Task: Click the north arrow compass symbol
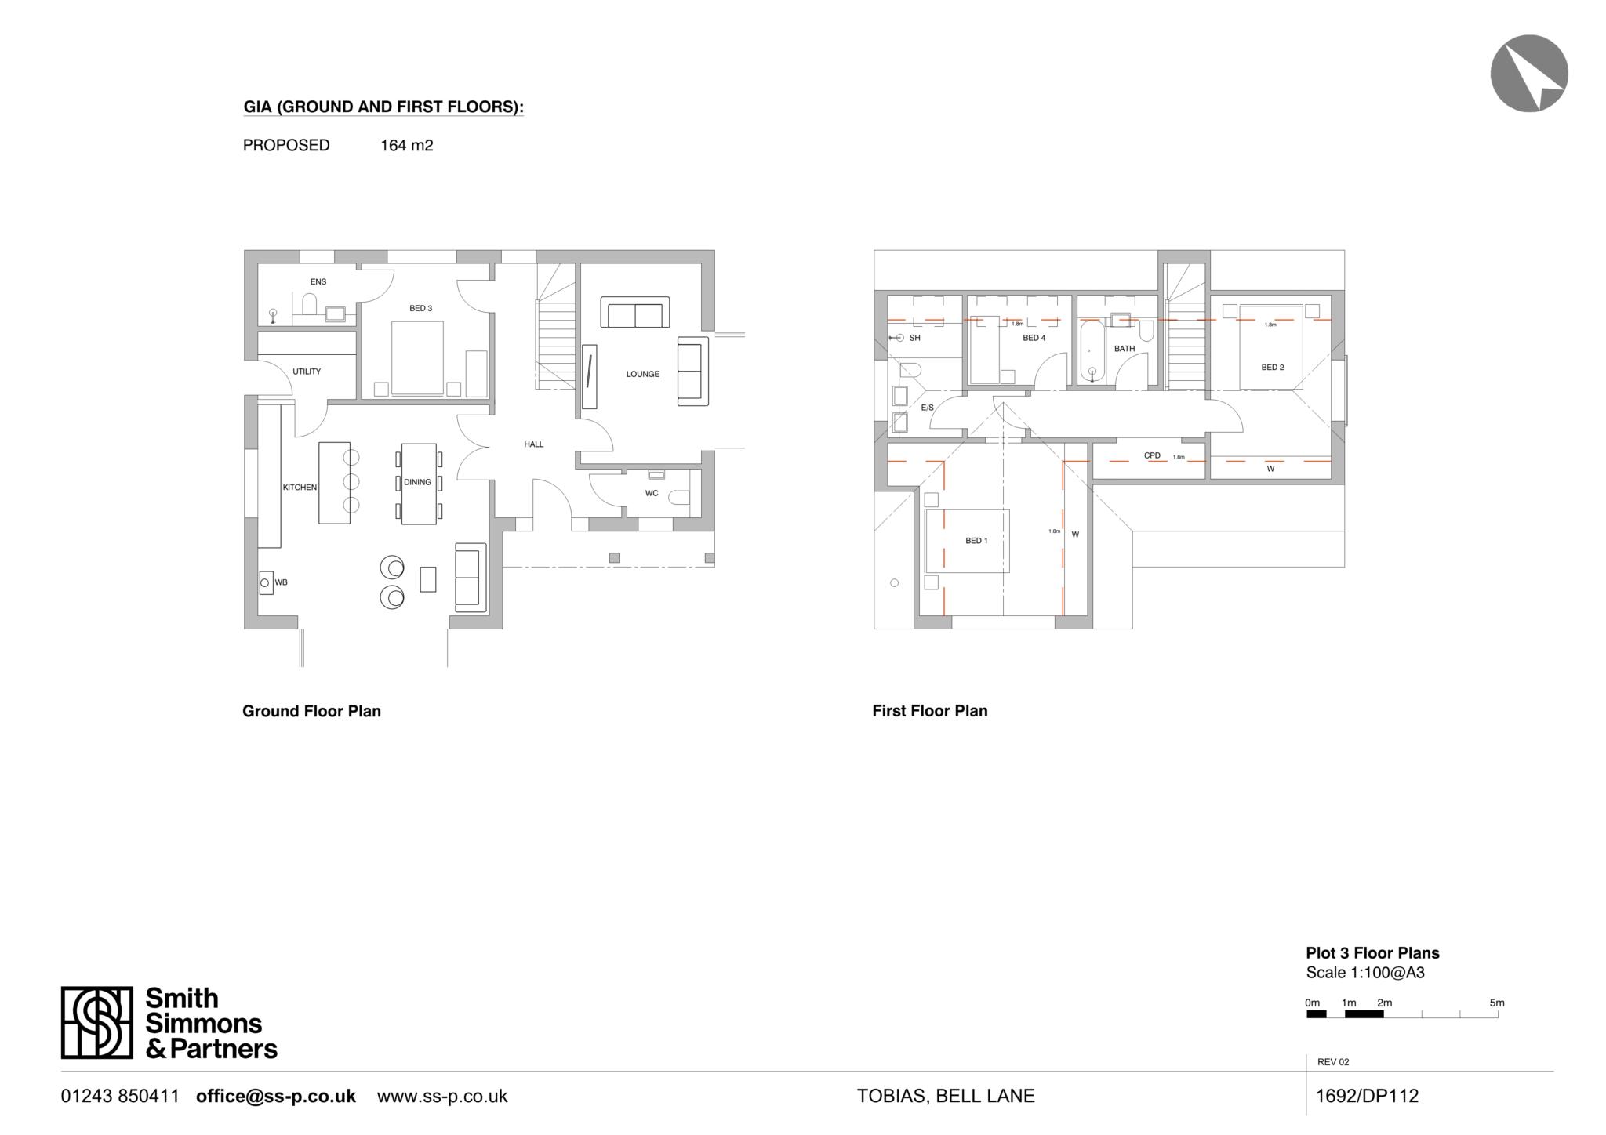click(1528, 73)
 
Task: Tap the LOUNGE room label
click(642, 374)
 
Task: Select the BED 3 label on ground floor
click(420, 308)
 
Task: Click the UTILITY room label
click(307, 372)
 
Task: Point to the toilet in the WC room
click(680, 498)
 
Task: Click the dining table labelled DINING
click(418, 483)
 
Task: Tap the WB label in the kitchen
click(282, 582)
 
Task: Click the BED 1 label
click(976, 541)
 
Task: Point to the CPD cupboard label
click(1151, 455)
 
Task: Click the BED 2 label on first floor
click(1272, 367)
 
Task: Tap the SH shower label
click(914, 338)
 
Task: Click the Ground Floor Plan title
click(311, 711)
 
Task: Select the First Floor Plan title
click(929, 711)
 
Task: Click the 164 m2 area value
click(406, 145)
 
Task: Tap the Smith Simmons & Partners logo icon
click(97, 1022)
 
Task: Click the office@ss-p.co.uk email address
click(275, 1096)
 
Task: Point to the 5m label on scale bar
click(1496, 1003)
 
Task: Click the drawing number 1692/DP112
click(1367, 1096)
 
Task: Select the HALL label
click(533, 444)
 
